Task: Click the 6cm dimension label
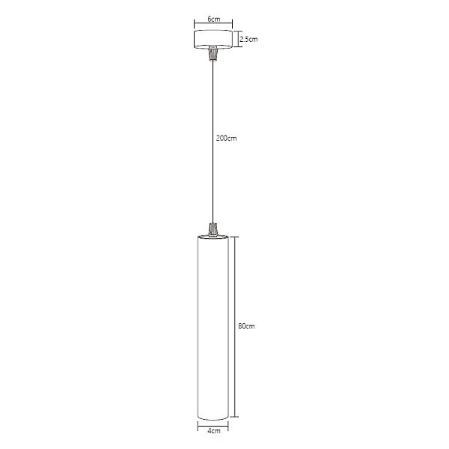pyautogui.click(x=214, y=19)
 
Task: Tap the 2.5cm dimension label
pyautogui.click(x=248, y=39)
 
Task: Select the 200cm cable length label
pyautogui.click(x=226, y=138)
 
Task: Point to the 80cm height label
pyautogui.click(x=246, y=326)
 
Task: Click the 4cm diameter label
pyautogui.click(x=213, y=431)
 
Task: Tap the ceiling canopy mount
pyautogui.click(x=213, y=39)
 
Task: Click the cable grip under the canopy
pyautogui.click(x=213, y=54)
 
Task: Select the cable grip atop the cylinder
pyautogui.click(x=213, y=230)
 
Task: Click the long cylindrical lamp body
pyautogui.click(x=213, y=328)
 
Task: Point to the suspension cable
pyautogui.click(x=213, y=142)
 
